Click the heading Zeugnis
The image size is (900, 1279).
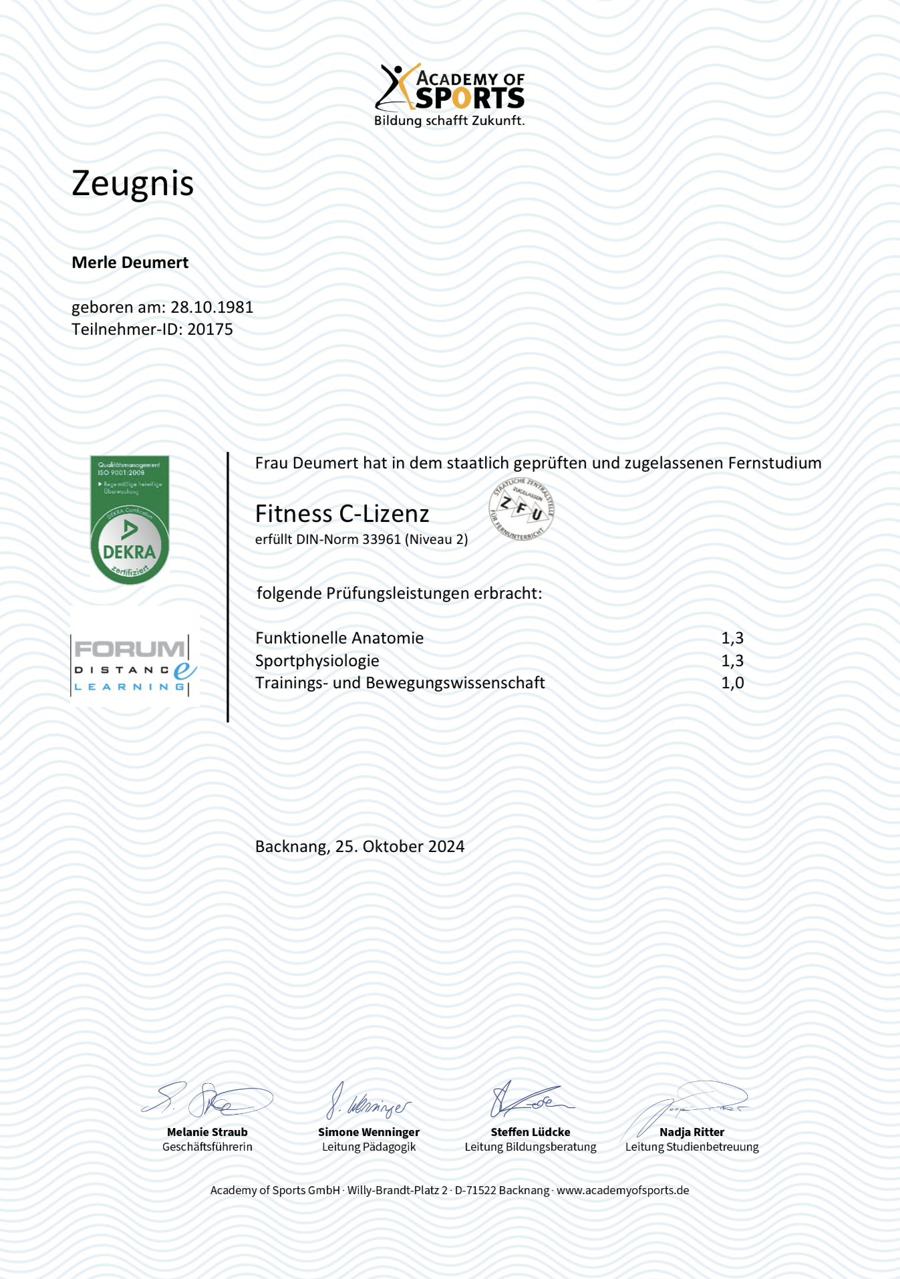point(132,183)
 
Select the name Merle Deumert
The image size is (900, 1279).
point(130,263)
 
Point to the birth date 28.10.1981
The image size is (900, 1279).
point(212,307)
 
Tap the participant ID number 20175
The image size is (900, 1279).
point(210,329)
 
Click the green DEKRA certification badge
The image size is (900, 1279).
point(130,520)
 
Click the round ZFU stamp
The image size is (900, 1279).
point(521,509)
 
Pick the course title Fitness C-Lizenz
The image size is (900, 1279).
point(342,514)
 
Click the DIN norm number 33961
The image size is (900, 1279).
point(381,539)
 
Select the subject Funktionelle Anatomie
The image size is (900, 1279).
point(339,638)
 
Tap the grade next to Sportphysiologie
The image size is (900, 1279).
point(732,661)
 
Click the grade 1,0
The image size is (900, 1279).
point(732,683)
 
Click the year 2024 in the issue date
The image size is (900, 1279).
point(446,847)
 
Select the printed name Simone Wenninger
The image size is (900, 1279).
point(369,1132)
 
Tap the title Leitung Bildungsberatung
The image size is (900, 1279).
point(531,1147)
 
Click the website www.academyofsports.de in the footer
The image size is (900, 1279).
point(623,1190)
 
